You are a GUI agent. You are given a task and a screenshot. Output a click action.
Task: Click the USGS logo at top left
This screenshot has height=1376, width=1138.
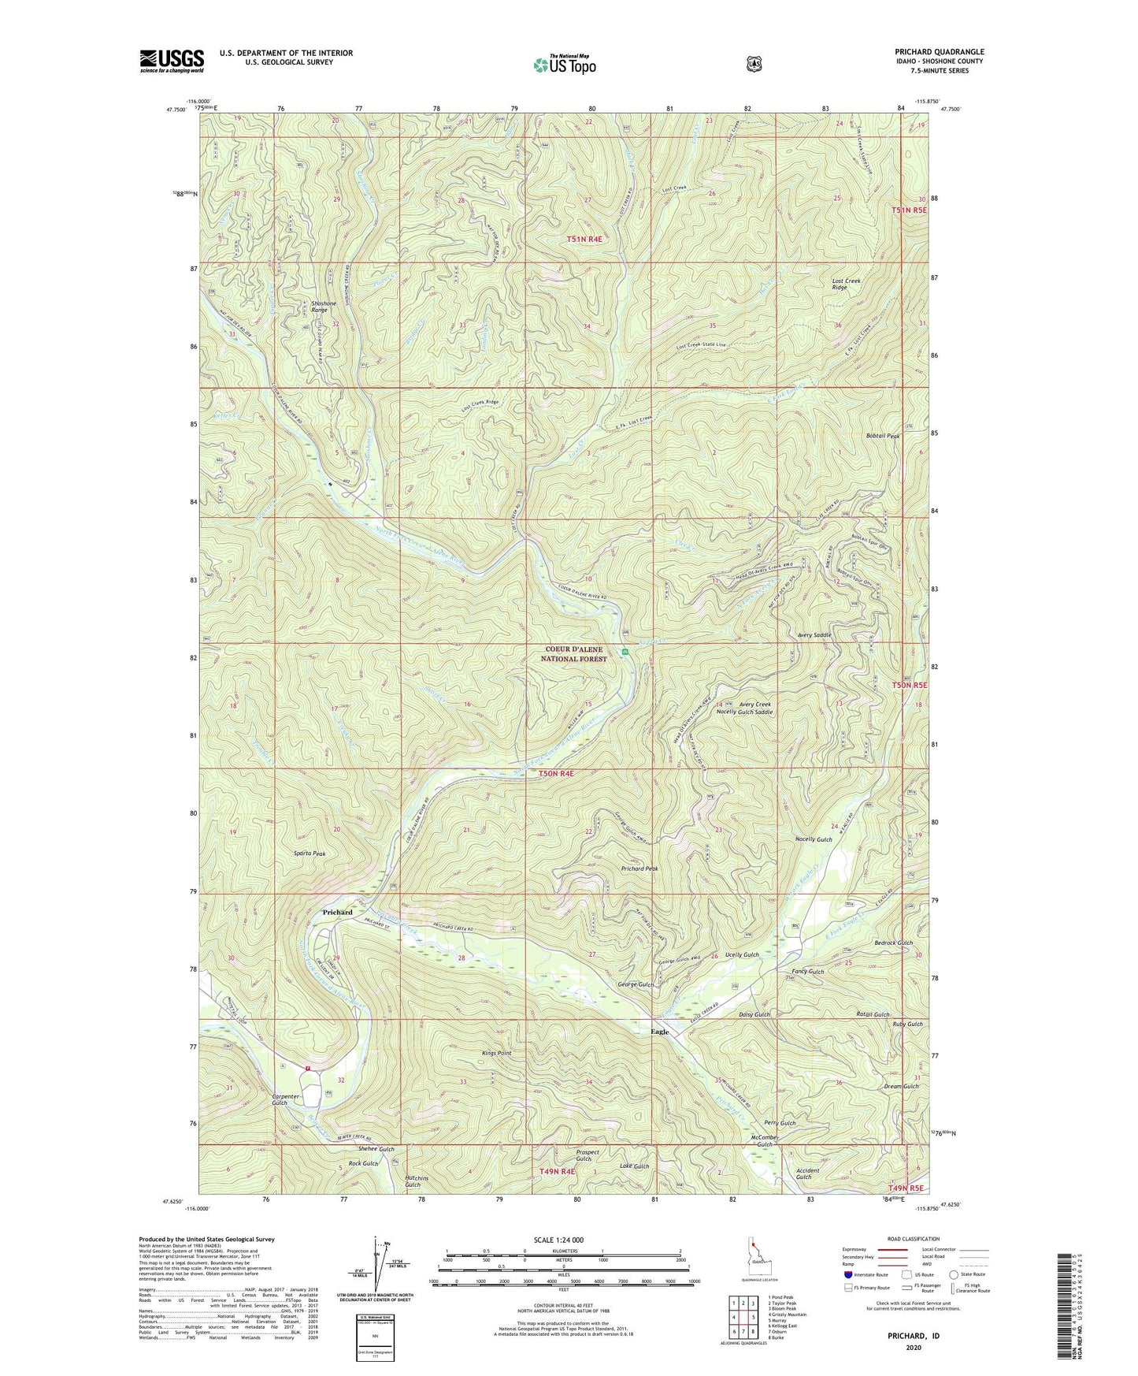pos(172,61)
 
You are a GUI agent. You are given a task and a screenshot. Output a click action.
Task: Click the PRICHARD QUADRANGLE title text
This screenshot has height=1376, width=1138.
pos(936,52)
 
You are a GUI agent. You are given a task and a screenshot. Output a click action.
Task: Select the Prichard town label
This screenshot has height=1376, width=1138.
pos(337,912)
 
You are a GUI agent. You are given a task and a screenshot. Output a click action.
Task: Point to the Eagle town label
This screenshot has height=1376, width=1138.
pos(659,1032)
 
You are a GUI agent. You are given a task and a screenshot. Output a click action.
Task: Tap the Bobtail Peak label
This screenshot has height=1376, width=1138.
pos(882,436)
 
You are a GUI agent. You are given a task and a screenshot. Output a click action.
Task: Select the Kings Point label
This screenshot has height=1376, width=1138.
pos(497,1053)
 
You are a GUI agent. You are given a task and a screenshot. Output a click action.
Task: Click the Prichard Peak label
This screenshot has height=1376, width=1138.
pos(639,868)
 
